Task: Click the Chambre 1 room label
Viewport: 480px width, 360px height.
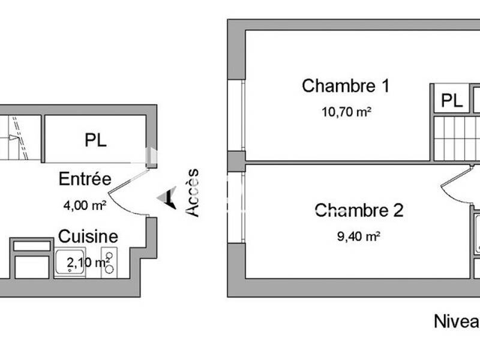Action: [346, 86]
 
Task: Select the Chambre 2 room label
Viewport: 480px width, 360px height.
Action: [359, 211]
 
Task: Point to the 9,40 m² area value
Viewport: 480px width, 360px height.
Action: [359, 236]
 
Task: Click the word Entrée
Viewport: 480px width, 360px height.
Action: [85, 179]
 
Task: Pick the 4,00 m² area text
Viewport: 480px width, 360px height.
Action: [85, 205]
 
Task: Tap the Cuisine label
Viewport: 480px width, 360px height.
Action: [88, 236]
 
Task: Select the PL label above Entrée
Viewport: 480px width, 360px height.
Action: [95, 140]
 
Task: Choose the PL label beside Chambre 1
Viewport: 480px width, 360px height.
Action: [451, 100]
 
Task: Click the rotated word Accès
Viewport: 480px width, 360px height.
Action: [192, 192]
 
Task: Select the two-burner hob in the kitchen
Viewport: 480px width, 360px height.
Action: [109, 263]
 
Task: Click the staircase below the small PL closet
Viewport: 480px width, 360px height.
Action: [456, 138]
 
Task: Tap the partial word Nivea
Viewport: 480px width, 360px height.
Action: [456, 321]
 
